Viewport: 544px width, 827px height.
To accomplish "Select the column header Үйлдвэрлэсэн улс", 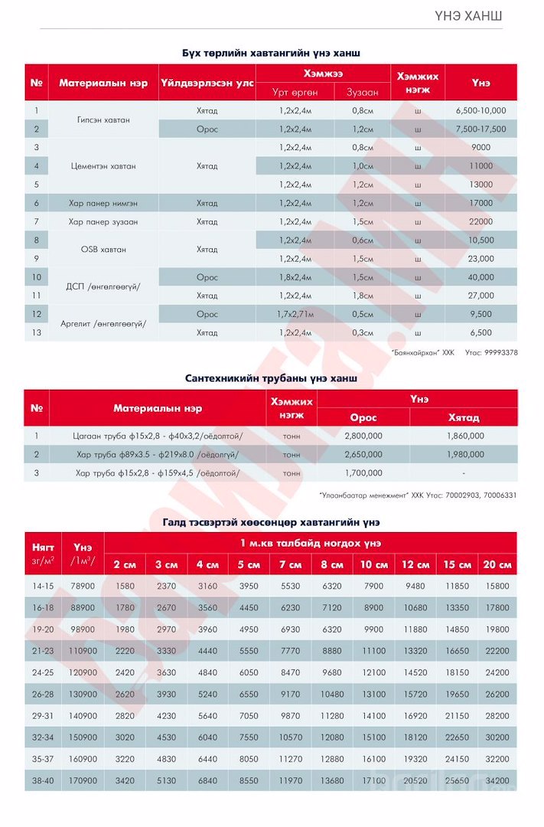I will (207, 83).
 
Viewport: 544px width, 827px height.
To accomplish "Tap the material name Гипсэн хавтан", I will (103, 120).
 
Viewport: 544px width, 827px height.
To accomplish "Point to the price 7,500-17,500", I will (480, 129).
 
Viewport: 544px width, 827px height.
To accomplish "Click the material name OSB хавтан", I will (103, 250).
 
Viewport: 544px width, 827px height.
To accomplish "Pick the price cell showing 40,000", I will (480, 277).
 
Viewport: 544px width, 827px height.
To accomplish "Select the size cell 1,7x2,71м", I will (295, 314).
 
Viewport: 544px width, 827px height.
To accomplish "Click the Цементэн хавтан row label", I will (103, 166).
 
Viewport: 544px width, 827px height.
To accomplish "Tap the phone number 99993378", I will (501, 353).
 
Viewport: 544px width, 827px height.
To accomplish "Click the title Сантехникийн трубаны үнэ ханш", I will (272, 378).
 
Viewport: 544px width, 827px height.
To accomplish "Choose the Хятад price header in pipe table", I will (464, 417).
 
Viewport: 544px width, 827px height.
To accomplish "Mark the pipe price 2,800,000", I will (363, 436).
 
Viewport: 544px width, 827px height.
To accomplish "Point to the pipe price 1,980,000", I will (464, 455).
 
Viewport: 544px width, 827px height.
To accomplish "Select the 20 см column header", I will (497, 564).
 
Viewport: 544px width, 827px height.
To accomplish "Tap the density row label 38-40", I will (43, 780).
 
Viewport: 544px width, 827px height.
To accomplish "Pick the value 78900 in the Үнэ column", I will (83, 586).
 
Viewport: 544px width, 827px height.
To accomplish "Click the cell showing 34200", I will (497, 780).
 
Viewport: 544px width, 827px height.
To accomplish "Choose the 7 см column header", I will (290, 564).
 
